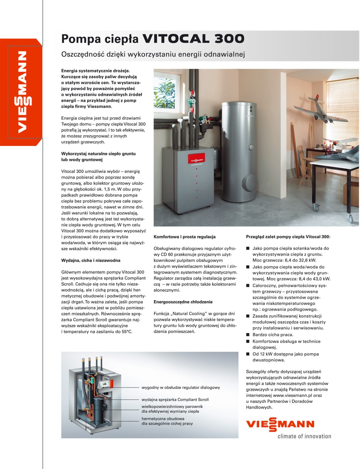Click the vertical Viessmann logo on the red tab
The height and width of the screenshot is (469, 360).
pos(22,92)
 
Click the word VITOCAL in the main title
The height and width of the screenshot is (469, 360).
pos(176,39)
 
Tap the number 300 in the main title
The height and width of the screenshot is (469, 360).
pos(229,39)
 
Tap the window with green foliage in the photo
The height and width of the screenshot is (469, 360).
pos(164,90)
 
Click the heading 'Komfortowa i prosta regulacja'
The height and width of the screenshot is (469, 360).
pos(184,237)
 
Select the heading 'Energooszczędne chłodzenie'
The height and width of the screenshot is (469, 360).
pos(183,302)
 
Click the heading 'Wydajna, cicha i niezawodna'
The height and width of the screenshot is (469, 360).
pos(91,260)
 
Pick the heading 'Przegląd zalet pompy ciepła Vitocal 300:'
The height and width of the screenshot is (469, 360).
pos(288,237)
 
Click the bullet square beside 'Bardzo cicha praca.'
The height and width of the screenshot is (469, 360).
pos(248,335)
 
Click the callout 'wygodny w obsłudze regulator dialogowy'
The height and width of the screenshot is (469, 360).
pos(181,387)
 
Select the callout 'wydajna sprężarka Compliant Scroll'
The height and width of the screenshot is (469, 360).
pos(175,400)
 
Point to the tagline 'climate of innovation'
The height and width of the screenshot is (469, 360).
pos(304,436)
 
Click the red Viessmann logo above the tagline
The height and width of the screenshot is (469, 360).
pos(280,424)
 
